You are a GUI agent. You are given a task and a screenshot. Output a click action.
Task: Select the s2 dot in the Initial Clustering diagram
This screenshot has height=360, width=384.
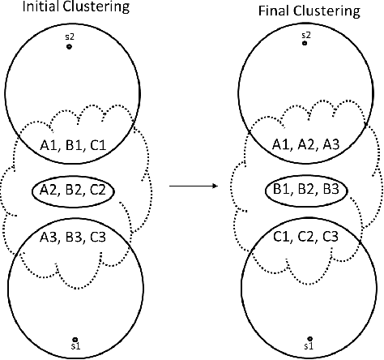69,47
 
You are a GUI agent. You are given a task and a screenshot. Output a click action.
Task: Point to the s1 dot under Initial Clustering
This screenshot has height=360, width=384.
74,339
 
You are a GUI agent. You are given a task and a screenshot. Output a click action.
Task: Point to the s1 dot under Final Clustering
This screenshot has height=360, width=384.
309,338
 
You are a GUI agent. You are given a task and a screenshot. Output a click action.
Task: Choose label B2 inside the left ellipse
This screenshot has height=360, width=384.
73,191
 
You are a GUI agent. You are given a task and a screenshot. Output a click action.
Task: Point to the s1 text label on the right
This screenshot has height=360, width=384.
309,347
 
